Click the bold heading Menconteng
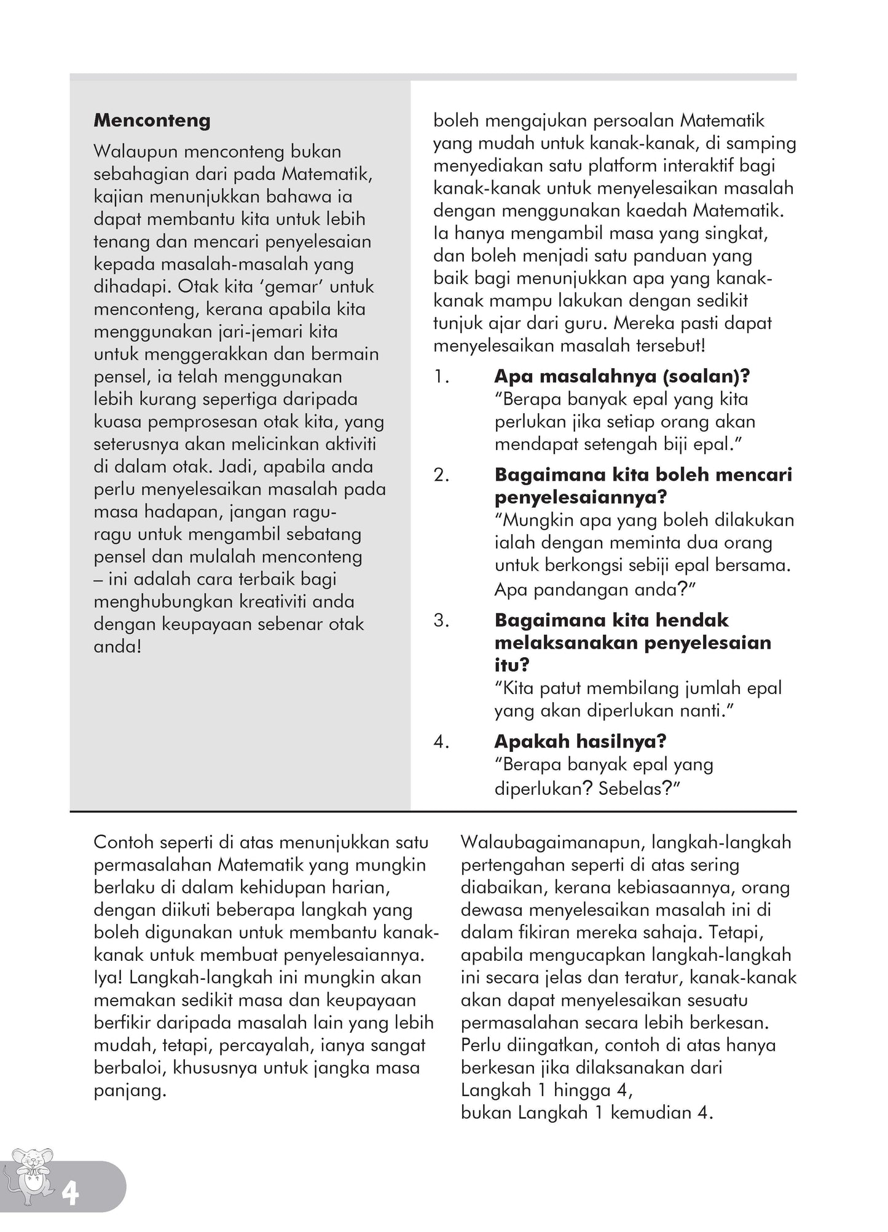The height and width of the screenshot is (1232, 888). (152, 120)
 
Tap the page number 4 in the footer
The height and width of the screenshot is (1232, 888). (70, 1194)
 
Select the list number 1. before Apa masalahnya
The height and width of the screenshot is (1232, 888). (441, 377)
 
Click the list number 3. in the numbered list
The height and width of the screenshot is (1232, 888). (441, 620)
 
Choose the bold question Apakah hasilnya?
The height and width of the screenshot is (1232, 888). (580, 742)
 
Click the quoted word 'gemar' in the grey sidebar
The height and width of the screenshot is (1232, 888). (292, 287)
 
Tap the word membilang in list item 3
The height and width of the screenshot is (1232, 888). (632, 689)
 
